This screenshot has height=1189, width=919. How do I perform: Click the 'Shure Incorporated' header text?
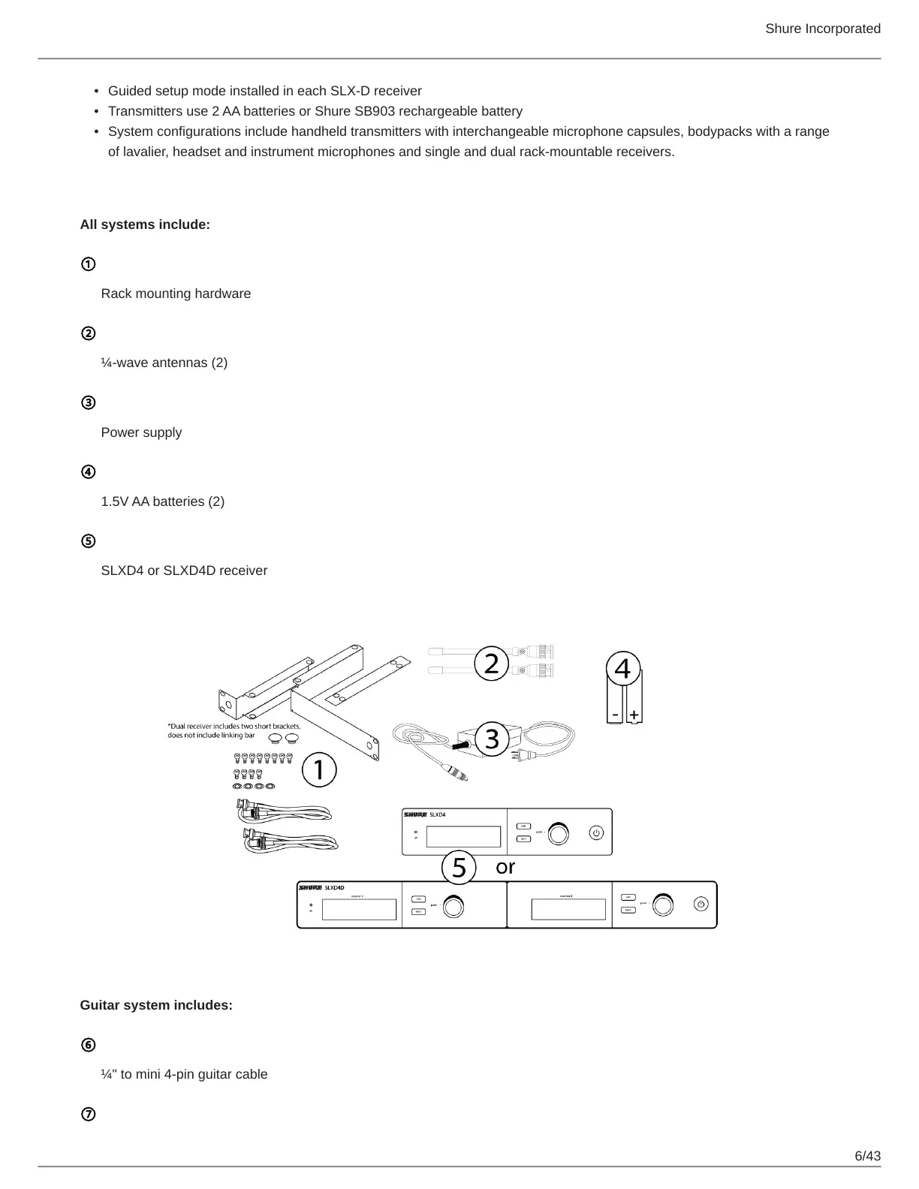(822, 29)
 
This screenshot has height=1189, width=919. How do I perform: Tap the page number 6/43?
(868, 1155)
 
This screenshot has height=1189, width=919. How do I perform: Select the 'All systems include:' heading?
(145, 224)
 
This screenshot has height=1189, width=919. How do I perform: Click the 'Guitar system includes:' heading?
(156, 1005)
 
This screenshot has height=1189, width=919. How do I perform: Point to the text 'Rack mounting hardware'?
(176, 293)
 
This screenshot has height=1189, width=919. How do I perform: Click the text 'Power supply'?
(141, 432)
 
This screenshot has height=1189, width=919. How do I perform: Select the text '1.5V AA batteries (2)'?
(162, 501)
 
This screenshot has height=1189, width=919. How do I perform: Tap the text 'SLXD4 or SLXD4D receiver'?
(184, 570)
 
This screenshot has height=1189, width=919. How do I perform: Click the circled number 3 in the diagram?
(492, 739)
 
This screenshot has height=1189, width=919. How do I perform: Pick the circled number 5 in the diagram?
(459, 868)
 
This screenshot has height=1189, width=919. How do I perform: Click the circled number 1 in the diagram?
(318, 770)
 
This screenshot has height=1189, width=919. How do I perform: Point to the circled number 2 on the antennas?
(491, 664)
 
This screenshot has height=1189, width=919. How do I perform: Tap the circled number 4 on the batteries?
(623, 668)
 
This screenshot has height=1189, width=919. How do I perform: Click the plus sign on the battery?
(634, 715)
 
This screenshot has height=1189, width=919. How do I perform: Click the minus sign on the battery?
(616, 715)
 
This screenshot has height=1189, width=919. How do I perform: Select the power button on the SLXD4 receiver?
(596, 832)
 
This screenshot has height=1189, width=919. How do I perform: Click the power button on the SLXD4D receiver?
(701, 905)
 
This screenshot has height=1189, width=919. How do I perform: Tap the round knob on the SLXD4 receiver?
(559, 833)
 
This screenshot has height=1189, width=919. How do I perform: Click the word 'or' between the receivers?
(505, 867)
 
